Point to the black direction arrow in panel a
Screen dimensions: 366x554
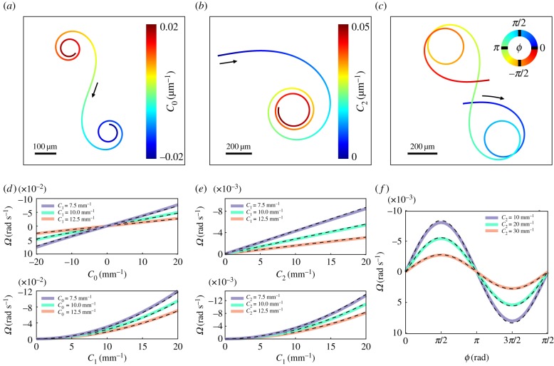click(x=95, y=89)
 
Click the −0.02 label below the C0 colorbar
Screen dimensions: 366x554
click(x=168, y=157)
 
